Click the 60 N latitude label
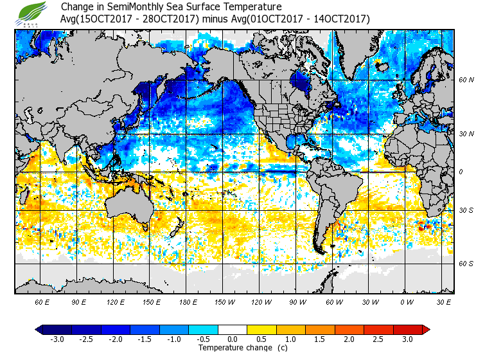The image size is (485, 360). click(x=467, y=80)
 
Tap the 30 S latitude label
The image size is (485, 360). click(x=467, y=210)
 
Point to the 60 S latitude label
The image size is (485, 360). click(x=467, y=264)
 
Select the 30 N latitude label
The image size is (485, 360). click(x=467, y=133)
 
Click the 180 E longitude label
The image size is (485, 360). click(x=188, y=301)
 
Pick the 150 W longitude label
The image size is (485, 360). click(x=225, y=301)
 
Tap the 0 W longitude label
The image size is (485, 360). click(x=407, y=301)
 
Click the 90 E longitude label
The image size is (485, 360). click(x=78, y=301)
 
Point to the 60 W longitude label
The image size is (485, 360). click(x=334, y=301)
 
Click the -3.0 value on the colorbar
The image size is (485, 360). click(x=57, y=339)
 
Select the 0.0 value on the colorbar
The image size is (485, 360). click(x=233, y=339)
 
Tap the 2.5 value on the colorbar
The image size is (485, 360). click(x=378, y=339)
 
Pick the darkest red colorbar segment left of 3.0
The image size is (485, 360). click(x=392, y=329)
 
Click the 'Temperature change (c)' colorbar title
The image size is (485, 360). click(x=233, y=348)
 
